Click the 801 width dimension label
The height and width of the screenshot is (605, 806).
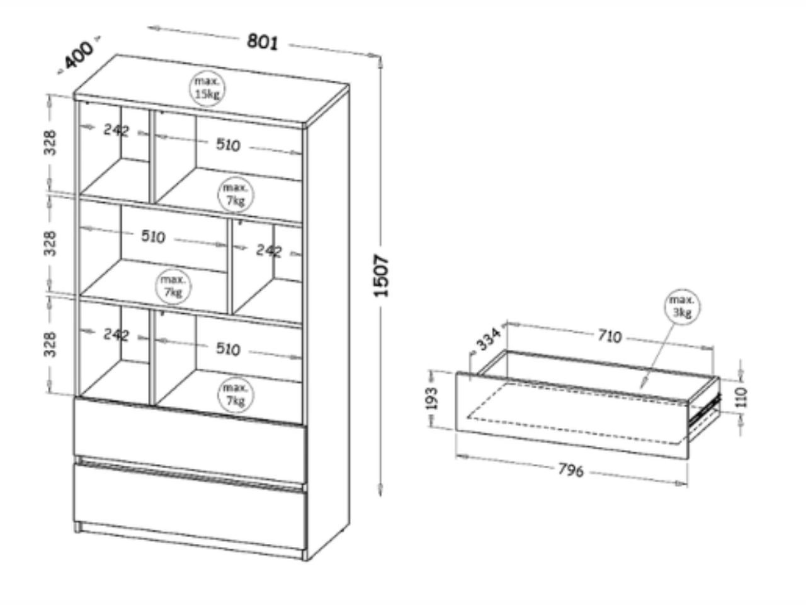[262, 42]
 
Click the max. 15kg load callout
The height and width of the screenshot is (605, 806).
[207, 88]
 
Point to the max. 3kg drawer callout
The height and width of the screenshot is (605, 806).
[683, 306]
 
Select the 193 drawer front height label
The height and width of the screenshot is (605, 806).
[431, 398]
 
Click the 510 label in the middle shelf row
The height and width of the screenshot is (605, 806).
[153, 236]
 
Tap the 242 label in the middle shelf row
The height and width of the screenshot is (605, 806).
[269, 250]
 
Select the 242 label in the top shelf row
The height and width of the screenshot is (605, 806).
[116, 130]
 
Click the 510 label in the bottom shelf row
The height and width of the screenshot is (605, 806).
[228, 349]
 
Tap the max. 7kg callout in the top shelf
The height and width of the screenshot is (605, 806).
[236, 194]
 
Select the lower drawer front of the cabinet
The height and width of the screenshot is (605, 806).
[189, 504]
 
